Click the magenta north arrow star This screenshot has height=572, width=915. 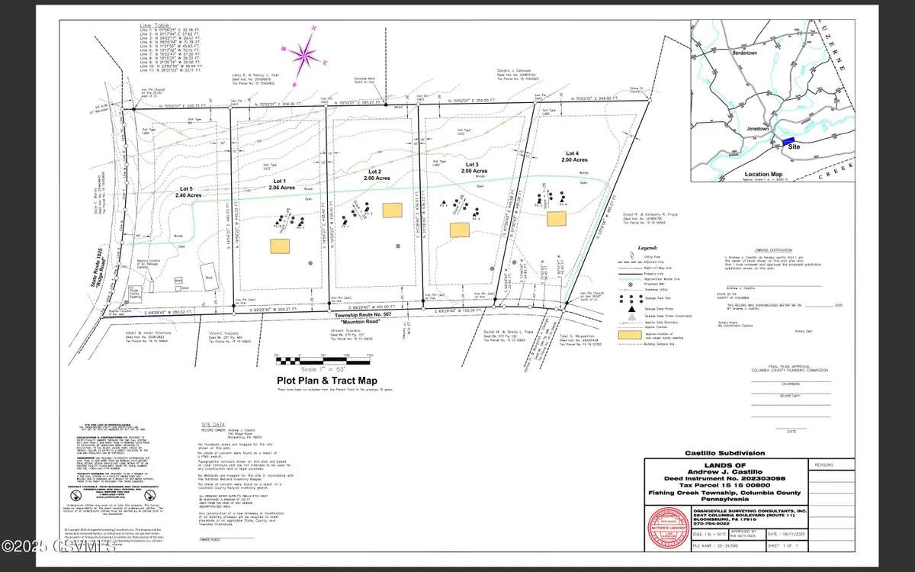click(303, 55)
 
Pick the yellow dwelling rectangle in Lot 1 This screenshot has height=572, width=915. click(280, 246)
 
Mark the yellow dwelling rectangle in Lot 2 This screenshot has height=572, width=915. click(392, 209)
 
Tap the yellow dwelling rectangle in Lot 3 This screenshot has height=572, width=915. click(459, 229)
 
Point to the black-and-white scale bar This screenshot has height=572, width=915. click(323, 357)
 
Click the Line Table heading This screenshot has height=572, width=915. click(153, 26)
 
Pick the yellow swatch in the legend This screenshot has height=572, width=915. click(632, 336)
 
